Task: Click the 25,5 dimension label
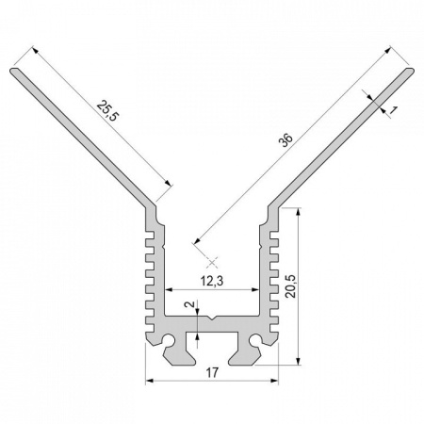click(x=107, y=111)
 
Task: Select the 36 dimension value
click(x=285, y=140)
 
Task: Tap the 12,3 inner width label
click(x=212, y=281)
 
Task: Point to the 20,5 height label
click(x=291, y=285)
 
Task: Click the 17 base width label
click(x=212, y=373)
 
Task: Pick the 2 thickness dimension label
click(x=189, y=303)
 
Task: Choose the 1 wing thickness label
click(x=393, y=109)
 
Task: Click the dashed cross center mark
click(x=212, y=262)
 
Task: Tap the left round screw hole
click(x=169, y=340)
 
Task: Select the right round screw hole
click(x=255, y=340)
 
